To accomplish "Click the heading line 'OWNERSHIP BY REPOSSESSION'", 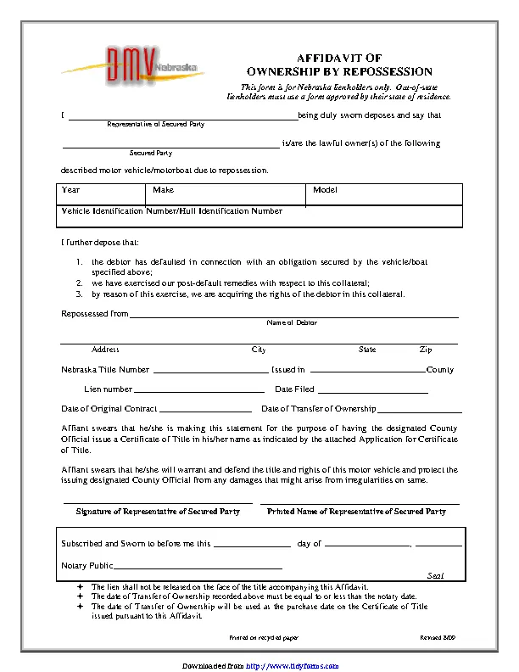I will coord(339,72).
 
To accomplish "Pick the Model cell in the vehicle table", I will coord(385,194).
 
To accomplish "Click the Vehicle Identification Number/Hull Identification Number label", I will coord(171,210).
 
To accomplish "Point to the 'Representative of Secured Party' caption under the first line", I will coord(155,125).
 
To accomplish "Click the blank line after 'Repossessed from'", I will coord(293,314).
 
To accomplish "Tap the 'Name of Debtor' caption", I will coord(292,323).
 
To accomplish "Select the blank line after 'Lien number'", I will coord(200,389).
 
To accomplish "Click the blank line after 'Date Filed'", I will coord(373,389).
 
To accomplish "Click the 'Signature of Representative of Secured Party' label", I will coord(158,512).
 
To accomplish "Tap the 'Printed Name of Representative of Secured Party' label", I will coord(356,512).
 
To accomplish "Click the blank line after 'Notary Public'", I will coord(198,566).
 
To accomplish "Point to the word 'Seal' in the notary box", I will coord(435,575).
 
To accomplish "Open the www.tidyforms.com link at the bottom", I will coord(285,658).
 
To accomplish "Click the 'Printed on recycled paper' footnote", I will coord(264,636).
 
